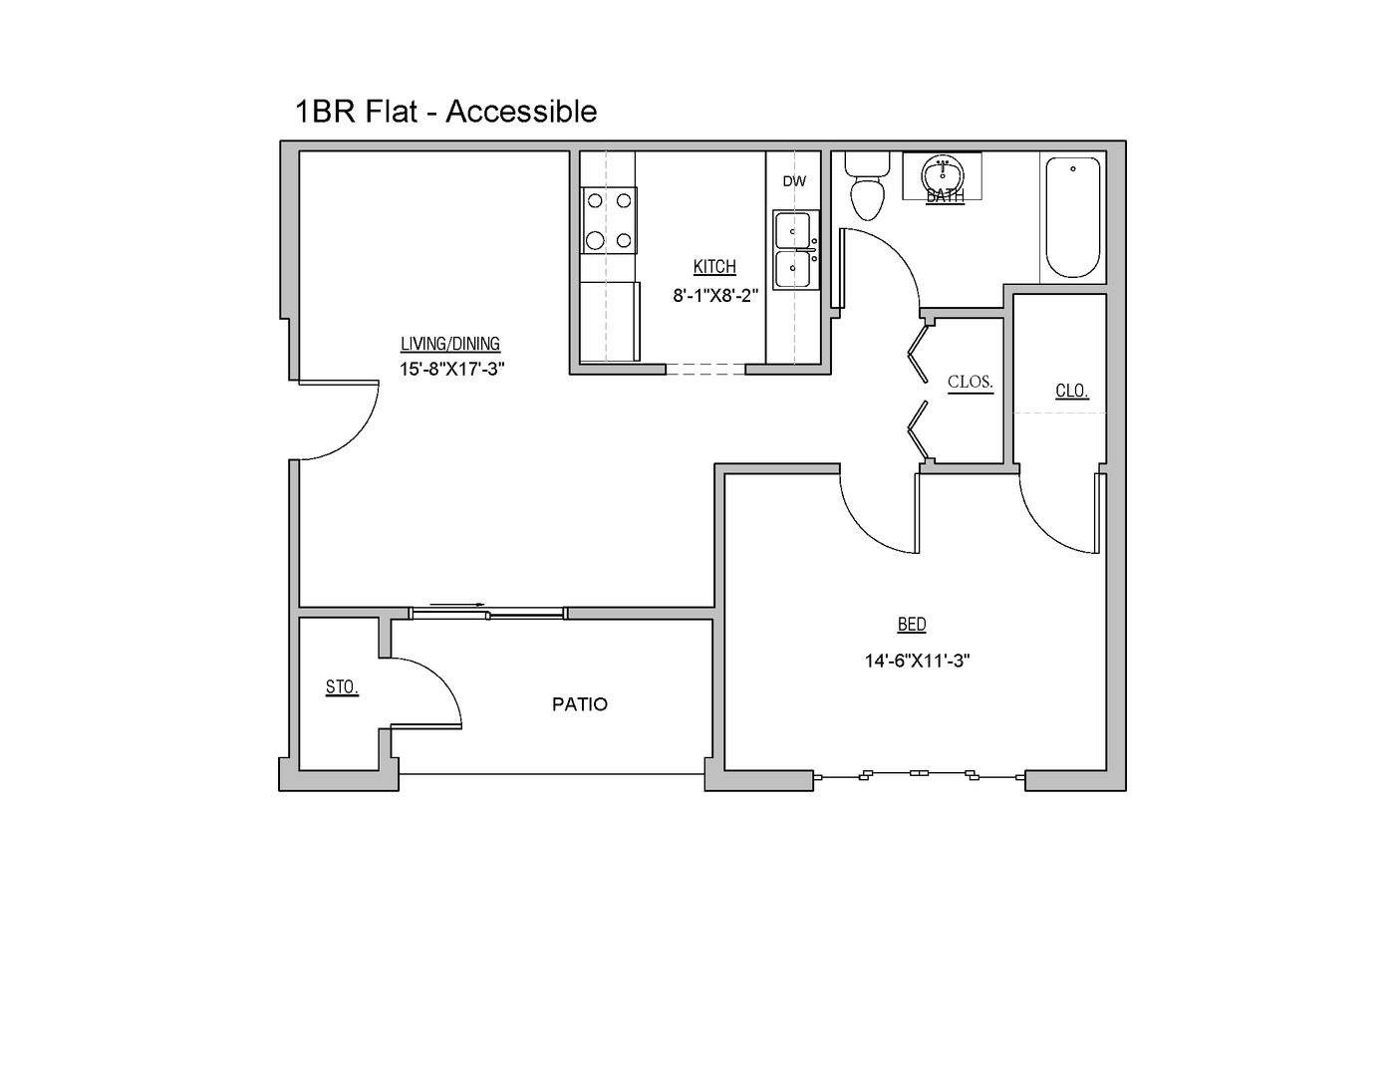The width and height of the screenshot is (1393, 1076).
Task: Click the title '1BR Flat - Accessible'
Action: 445,112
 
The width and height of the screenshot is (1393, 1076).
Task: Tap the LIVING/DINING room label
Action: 450,344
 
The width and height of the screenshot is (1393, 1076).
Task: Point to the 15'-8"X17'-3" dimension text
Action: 452,369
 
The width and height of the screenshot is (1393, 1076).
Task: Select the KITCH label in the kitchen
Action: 714,266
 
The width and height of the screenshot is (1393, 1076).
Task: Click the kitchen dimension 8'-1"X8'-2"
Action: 715,295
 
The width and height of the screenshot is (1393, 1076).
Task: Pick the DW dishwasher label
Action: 794,181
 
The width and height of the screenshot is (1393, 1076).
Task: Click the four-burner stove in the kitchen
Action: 609,220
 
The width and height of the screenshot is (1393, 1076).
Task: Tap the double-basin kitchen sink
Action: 795,250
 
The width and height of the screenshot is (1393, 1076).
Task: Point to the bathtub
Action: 1072,218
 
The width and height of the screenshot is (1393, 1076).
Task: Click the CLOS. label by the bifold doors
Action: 970,383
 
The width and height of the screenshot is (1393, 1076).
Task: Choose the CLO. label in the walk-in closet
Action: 1071,391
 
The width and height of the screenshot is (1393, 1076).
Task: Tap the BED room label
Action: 912,625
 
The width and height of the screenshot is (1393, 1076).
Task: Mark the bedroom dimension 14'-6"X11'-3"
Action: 917,660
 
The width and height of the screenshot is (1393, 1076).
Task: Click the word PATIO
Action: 580,704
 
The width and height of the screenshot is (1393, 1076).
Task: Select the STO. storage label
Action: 342,687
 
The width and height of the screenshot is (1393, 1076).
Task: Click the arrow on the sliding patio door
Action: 458,605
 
